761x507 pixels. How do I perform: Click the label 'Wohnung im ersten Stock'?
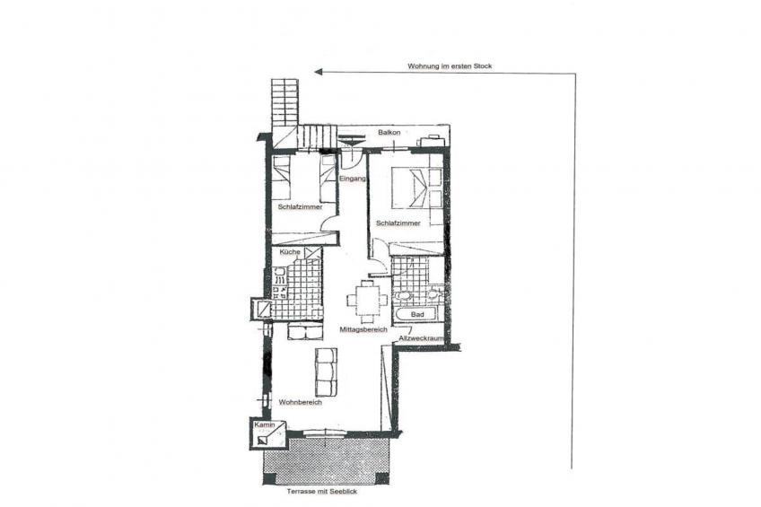point(450,66)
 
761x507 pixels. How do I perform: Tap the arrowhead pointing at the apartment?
point(319,73)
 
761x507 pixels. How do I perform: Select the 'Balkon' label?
point(389,133)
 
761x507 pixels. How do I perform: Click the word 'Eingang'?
point(353,179)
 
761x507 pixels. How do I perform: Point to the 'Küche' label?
point(290,252)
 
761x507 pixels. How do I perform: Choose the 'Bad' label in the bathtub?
point(417,314)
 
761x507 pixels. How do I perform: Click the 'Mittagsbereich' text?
point(363,329)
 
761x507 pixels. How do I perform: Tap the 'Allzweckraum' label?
point(421,338)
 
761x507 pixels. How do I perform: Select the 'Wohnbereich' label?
point(301,402)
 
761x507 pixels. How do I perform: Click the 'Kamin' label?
point(265,425)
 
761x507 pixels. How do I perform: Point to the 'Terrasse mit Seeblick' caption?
point(322,492)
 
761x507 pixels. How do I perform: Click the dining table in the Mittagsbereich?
point(367,301)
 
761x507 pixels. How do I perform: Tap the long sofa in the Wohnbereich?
point(326,372)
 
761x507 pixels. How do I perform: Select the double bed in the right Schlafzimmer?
point(417,188)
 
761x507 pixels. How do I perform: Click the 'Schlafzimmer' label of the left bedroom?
point(300,207)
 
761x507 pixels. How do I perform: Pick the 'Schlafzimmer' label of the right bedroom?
point(398,223)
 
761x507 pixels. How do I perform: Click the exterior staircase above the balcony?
point(285,114)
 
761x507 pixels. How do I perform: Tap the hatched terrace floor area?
point(326,461)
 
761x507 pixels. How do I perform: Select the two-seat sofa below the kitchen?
point(305,331)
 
